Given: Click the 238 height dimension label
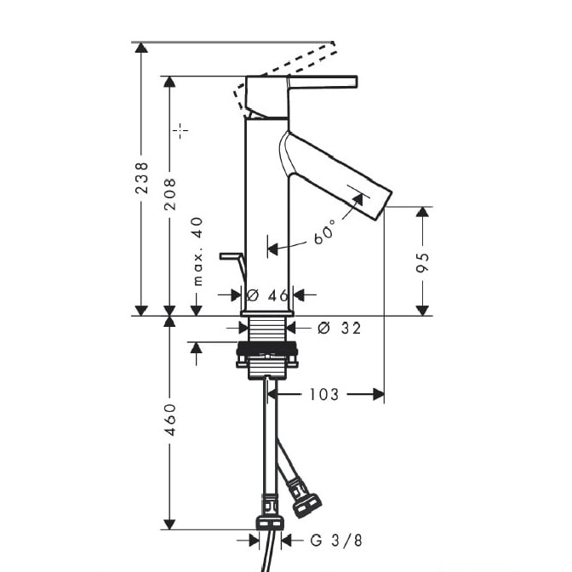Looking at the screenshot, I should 142,178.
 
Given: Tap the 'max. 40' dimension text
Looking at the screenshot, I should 197,251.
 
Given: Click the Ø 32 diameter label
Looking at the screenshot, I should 338,328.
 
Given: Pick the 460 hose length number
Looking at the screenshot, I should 169,419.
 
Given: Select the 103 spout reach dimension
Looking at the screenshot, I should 323,394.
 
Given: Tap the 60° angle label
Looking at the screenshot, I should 324,232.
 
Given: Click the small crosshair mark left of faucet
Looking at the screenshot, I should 180,130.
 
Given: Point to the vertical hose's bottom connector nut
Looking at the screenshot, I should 271,520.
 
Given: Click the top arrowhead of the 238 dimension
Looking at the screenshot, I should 142,47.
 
